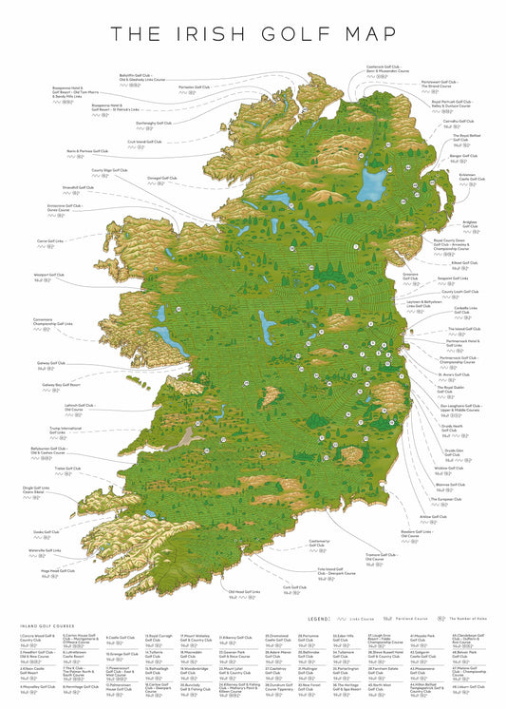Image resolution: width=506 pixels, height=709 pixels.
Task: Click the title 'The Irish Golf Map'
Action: (253, 35)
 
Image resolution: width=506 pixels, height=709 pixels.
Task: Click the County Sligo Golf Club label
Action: (109, 171)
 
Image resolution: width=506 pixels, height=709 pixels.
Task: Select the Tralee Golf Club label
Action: (67, 468)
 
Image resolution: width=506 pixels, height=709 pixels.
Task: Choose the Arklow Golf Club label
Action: (433, 517)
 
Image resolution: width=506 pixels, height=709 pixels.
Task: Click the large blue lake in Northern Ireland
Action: (372, 179)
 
